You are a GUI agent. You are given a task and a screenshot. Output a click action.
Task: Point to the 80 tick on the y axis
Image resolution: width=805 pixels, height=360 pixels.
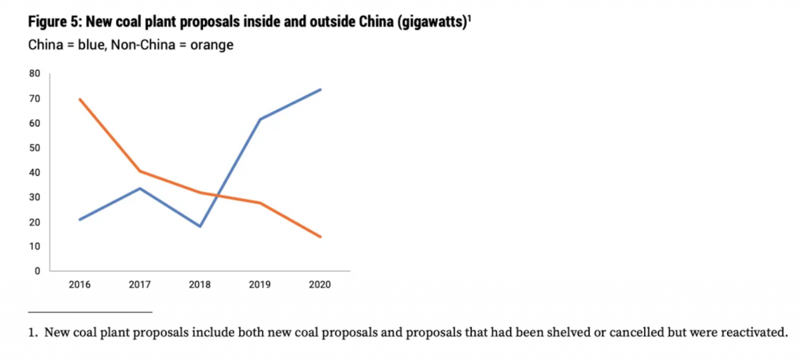35,74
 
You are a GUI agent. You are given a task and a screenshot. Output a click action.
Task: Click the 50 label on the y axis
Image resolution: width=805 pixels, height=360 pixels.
35,148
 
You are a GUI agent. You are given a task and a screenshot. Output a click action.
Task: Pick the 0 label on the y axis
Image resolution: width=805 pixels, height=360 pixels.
37,271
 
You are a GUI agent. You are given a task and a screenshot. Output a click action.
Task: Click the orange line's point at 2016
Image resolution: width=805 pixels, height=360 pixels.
80,99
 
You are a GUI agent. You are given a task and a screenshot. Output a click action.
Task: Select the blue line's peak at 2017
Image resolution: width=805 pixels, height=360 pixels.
140,188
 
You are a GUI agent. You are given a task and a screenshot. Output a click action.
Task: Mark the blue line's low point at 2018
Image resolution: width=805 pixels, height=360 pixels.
200,226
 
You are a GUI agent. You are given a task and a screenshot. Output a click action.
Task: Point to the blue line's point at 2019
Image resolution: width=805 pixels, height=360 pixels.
260,119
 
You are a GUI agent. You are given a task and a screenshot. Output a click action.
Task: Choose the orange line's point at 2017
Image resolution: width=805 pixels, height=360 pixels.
140,171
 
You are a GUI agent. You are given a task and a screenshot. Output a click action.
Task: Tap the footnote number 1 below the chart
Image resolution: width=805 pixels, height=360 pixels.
32,332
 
